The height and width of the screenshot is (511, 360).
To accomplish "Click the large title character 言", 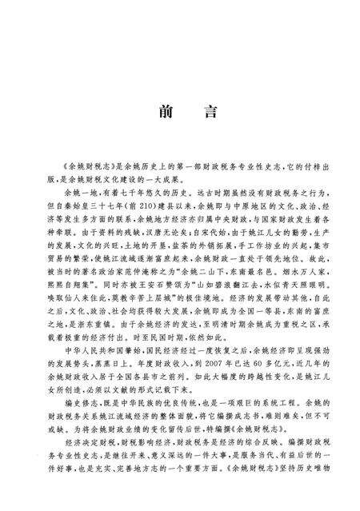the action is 210,112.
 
